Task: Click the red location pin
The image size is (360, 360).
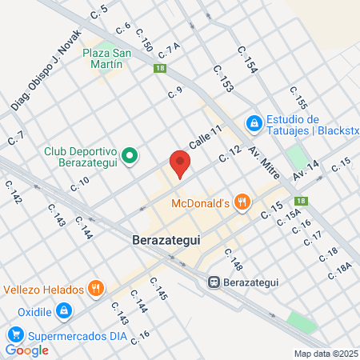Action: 181,164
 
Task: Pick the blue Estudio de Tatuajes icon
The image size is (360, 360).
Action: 254,123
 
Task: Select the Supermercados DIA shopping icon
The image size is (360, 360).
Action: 14,334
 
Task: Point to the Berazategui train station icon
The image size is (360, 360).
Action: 214,282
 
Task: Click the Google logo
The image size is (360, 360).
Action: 27,350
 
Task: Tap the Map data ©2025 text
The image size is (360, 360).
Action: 324,354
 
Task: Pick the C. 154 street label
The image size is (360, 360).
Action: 248,61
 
